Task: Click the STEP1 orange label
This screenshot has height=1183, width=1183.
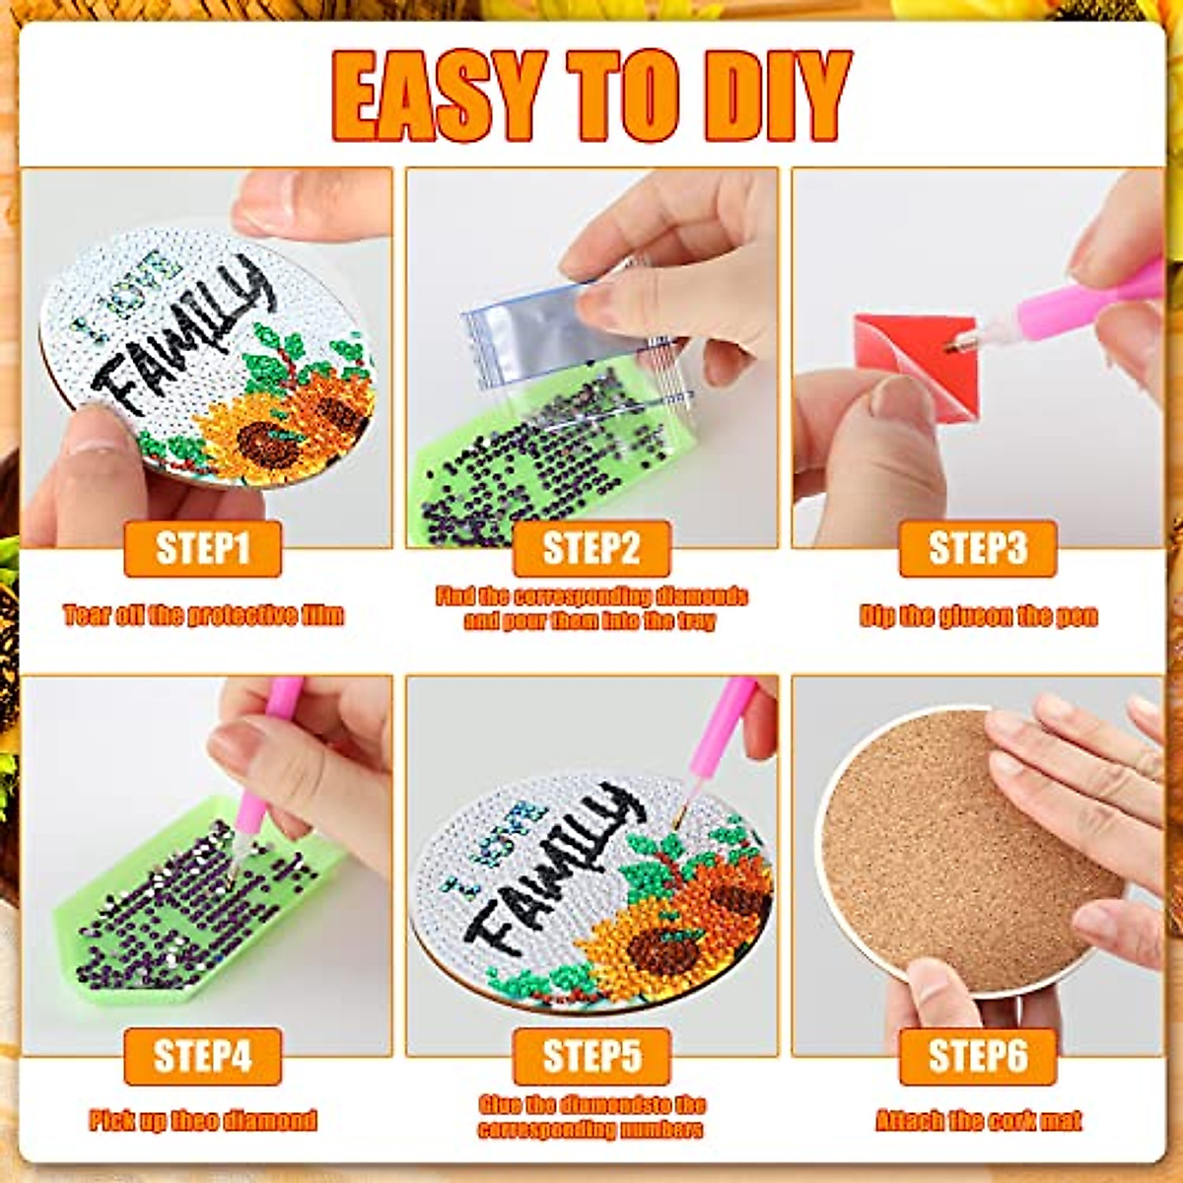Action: pyautogui.click(x=202, y=548)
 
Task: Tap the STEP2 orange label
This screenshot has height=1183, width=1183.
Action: pyautogui.click(x=591, y=548)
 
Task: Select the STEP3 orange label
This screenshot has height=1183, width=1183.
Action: pyautogui.click(x=977, y=548)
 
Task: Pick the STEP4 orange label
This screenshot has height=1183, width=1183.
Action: pyautogui.click(x=202, y=1056)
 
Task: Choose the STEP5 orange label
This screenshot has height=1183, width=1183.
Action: pyautogui.click(x=591, y=1056)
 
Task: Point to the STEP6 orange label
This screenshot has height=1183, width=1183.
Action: pyautogui.click(x=977, y=1056)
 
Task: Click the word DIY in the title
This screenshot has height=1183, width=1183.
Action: pyautogui.click(x=779, y=96)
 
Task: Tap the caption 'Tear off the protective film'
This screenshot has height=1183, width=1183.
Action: pyautogui.click(x=204, y=616)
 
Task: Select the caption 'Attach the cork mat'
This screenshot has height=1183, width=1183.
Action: pyautogui.click(x=978, y=1121)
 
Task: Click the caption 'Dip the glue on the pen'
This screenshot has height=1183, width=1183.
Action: pyautogui.click(x=978, y=617)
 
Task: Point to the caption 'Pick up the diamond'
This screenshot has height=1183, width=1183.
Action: pyautogui.click(x=203, y=1121)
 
